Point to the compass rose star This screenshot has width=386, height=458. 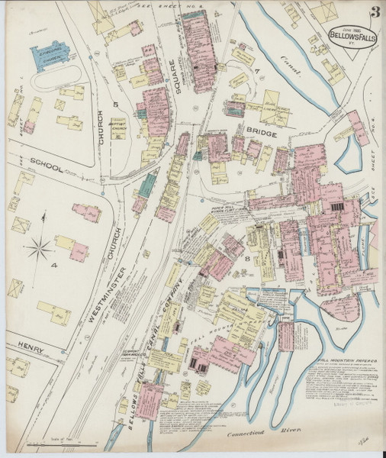coord(43,247)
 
